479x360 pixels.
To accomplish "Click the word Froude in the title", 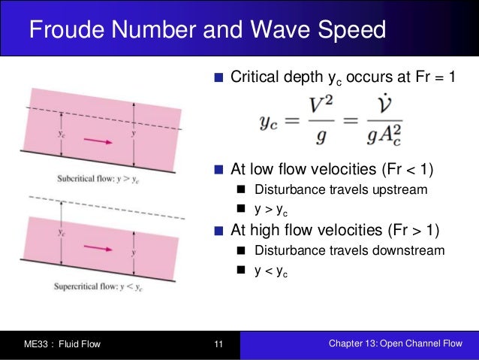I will tap(66, 32).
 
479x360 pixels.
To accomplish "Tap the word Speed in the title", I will tap(352, 32).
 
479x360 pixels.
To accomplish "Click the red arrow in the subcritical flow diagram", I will tap(94, 139).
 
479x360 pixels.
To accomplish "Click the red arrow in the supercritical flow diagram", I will tap(95, 247).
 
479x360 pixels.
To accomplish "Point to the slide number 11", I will tap(219, 345).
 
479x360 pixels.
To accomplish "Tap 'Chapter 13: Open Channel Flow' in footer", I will tap(396, 344).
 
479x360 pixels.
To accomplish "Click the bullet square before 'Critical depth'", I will tap(219, 77).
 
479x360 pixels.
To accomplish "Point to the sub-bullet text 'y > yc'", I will tap(274, 210).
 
